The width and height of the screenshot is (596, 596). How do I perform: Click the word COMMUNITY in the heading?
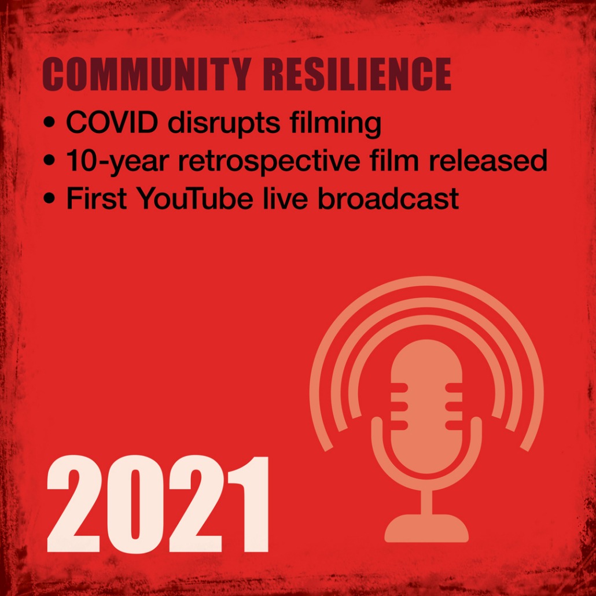pos(147,75)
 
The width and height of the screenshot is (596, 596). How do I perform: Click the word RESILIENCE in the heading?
pos(357,75)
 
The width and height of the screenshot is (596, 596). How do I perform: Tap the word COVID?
pos(112,123)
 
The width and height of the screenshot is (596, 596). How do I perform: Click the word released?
pos(488,160)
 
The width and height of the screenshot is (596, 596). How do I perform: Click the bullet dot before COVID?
pos(49,123)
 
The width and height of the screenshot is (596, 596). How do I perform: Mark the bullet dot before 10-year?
pos(49,161)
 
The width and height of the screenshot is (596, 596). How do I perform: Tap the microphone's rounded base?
pos(426,528)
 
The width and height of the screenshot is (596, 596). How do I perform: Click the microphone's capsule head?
pos(426,407)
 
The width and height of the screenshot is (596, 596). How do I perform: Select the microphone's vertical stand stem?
pos(426,501)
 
